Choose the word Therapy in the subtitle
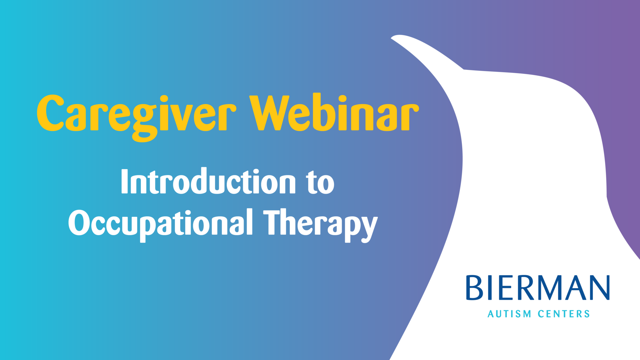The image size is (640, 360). click(x=320, y=223)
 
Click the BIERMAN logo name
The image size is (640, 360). click(x=537, y=288)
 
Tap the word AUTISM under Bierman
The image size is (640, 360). click(x=509, y=314)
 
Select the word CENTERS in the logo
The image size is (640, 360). click(x=564, y=314)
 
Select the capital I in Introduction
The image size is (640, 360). click(x=124, y=181)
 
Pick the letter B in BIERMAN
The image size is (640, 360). click(x=474, y=288)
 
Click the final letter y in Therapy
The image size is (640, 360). click(x=369, y=228)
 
